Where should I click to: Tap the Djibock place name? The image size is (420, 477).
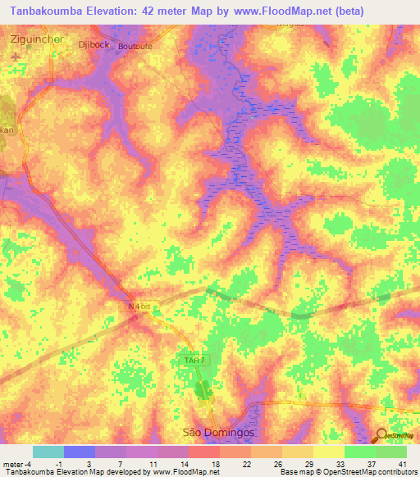pyautogui.click(x=90, y=44)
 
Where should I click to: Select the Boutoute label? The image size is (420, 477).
pyautogui.click(x=135, y=47)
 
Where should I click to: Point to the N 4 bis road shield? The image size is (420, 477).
pyautogui.click(x=139, y=307)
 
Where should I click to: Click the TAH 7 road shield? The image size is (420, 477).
pyautogui.click(x=190, y=361)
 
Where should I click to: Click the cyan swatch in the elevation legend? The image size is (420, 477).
pyautogui.click(x=48, y=452)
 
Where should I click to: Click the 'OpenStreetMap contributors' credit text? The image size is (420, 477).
pyautogui.click(x=362, y=473)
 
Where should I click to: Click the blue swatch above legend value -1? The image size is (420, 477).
pyautogui.click(x=80, y=452)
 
